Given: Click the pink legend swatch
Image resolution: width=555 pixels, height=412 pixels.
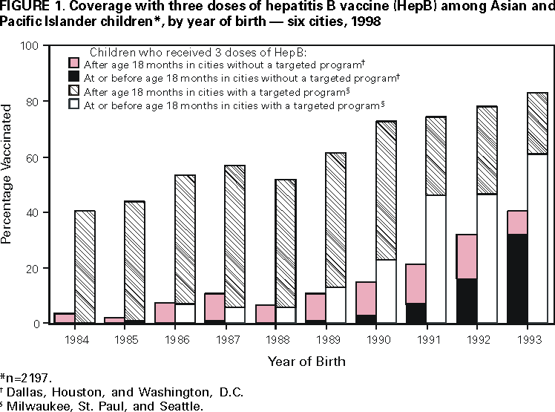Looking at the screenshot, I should pyautogui.click(x=74, y=63).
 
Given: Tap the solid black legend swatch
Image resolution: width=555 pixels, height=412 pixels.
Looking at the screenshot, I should pyautogui.click(x=74, y=76).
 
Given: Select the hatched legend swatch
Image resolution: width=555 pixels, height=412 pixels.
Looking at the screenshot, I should pyautogui.click(x=74, y=91).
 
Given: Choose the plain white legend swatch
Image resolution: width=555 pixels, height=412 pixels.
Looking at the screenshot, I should pyautogui.click(x=74, y=104).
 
